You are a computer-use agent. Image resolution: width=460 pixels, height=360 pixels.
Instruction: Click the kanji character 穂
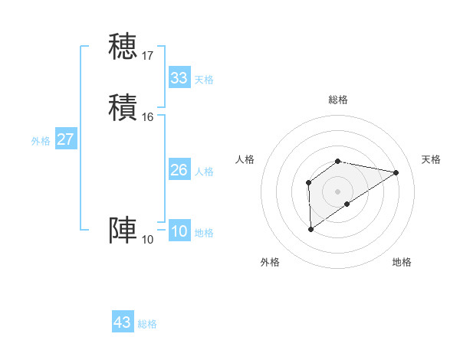point(123,46)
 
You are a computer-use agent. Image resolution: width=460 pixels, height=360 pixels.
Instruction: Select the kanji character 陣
point(123,231)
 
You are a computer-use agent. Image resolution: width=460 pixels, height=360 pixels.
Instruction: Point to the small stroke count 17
point(148,55)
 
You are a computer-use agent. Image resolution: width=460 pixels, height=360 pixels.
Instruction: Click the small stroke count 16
point(148,117)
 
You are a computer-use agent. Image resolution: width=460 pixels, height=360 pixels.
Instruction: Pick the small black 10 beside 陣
point(148,240)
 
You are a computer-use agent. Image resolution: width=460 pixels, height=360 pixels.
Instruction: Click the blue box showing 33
point(179,78)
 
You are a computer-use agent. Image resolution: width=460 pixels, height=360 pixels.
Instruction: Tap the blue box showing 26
point(179,170)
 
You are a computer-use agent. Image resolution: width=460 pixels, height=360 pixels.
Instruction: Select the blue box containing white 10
point(179,232)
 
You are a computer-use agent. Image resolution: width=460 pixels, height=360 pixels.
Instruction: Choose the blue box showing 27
point(66,139)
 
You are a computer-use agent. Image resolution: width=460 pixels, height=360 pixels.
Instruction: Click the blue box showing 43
point(123,322)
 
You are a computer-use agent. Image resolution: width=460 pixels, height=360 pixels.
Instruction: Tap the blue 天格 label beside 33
point(204,80)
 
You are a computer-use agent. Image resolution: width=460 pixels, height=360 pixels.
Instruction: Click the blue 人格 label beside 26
point(204,172)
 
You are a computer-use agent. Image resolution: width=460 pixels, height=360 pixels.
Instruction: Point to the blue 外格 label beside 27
point(41,141)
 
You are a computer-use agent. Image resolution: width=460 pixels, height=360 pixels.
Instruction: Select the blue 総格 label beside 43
point(147,324)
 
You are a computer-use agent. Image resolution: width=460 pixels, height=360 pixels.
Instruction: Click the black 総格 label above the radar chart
point(338,100)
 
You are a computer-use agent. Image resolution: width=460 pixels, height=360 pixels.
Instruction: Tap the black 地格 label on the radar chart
point(402,262)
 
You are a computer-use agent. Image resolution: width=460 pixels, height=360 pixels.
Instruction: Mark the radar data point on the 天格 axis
point(396,172)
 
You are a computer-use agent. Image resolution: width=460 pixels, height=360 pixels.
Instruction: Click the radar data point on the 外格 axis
point(310,229)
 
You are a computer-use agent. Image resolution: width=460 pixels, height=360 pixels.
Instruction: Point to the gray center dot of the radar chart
point(338,191)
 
